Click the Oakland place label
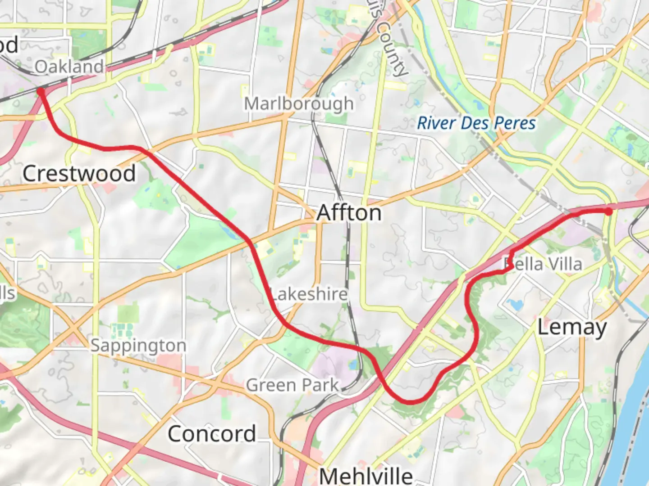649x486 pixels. coord(69,67)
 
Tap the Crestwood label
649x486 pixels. coord(79,174)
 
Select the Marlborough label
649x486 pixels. coord(298,104)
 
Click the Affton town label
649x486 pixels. coord(349,213)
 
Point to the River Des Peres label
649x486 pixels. coord(476,123)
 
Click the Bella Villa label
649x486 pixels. coord(543,264)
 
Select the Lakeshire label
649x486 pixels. coord(309,294)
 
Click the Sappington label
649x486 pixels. coord(138,346)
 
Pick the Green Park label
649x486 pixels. coord(292,385)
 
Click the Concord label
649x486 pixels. coord(212,434)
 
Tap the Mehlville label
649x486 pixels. coord(366,476)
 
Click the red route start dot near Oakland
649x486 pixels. coord(41,92)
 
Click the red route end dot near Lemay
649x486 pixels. coord(608,211)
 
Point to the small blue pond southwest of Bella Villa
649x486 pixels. coord(515,305)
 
